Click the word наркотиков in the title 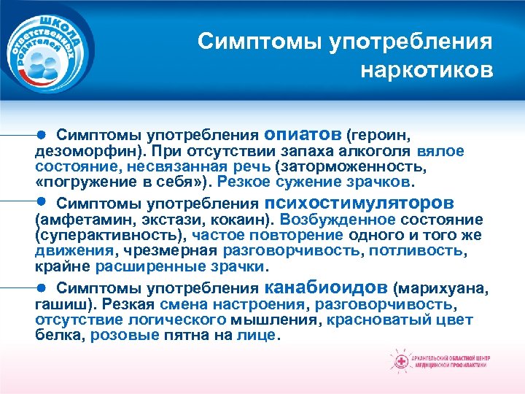point(427,71)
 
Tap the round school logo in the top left point(49,50)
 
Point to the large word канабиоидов point(327,287)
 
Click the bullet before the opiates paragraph point(42,135)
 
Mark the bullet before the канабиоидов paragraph point(42,287)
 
